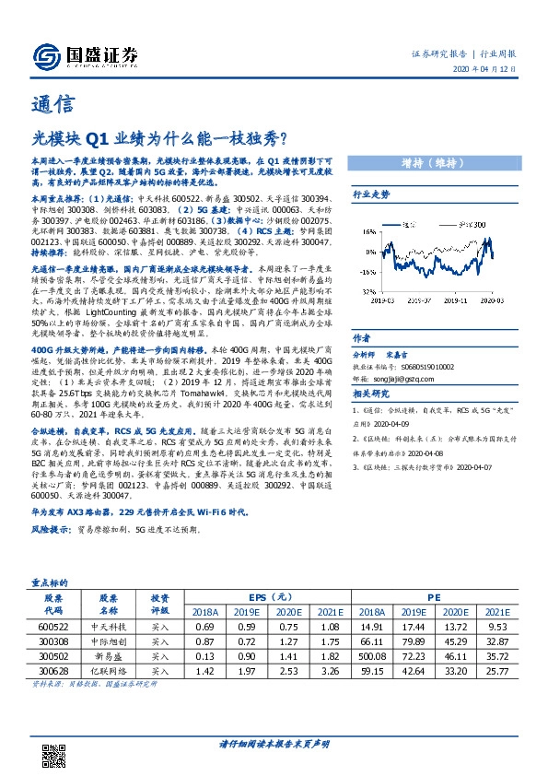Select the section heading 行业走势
pos(372,195)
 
